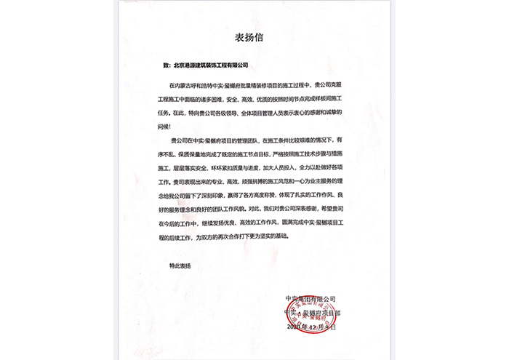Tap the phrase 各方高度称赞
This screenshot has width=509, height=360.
(x=275, y=193)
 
